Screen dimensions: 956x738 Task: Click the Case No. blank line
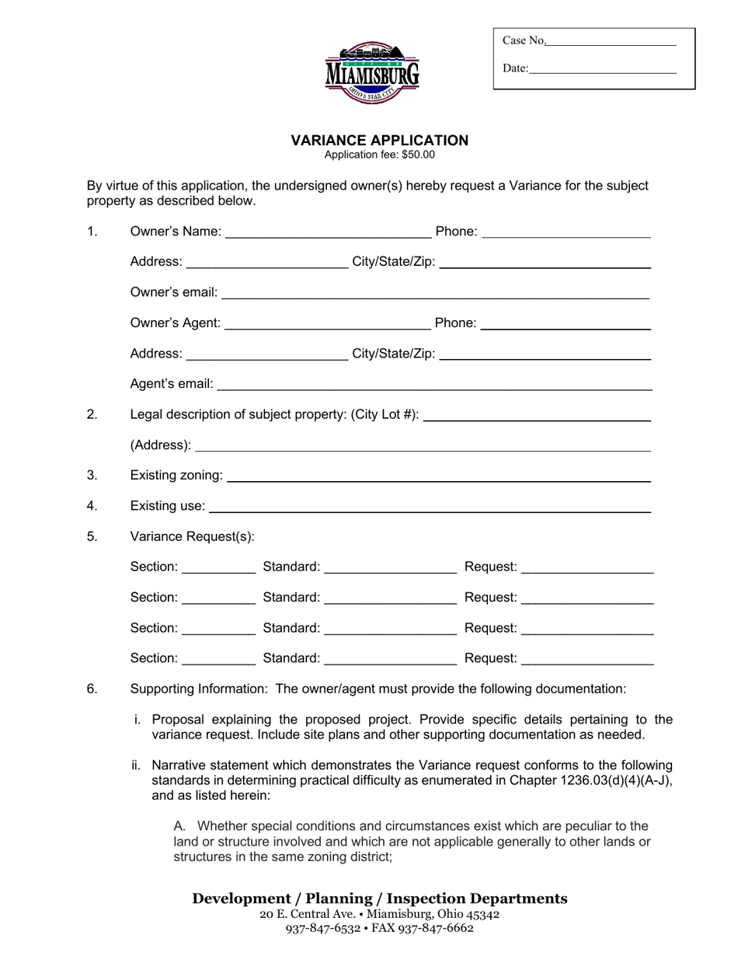coord(611,40)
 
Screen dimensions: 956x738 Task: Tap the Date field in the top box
coord(602,68)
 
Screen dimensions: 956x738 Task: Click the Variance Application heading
coord(379,141)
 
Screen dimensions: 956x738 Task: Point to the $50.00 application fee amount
coord(419,155)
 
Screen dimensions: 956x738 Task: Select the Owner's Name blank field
coord(328,232)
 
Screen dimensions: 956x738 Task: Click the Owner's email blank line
coord(435,293)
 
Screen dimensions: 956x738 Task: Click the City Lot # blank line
coord(538,415)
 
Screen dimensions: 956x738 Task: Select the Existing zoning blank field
coord(438,476)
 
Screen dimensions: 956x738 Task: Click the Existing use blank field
coord(430,507)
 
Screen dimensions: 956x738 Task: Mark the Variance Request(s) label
coord(192,536)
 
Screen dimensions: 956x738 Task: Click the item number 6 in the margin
coord(92,689)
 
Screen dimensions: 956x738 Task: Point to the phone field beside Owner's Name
coord(566,232)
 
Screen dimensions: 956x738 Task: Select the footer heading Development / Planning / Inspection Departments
coord(379,898)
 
